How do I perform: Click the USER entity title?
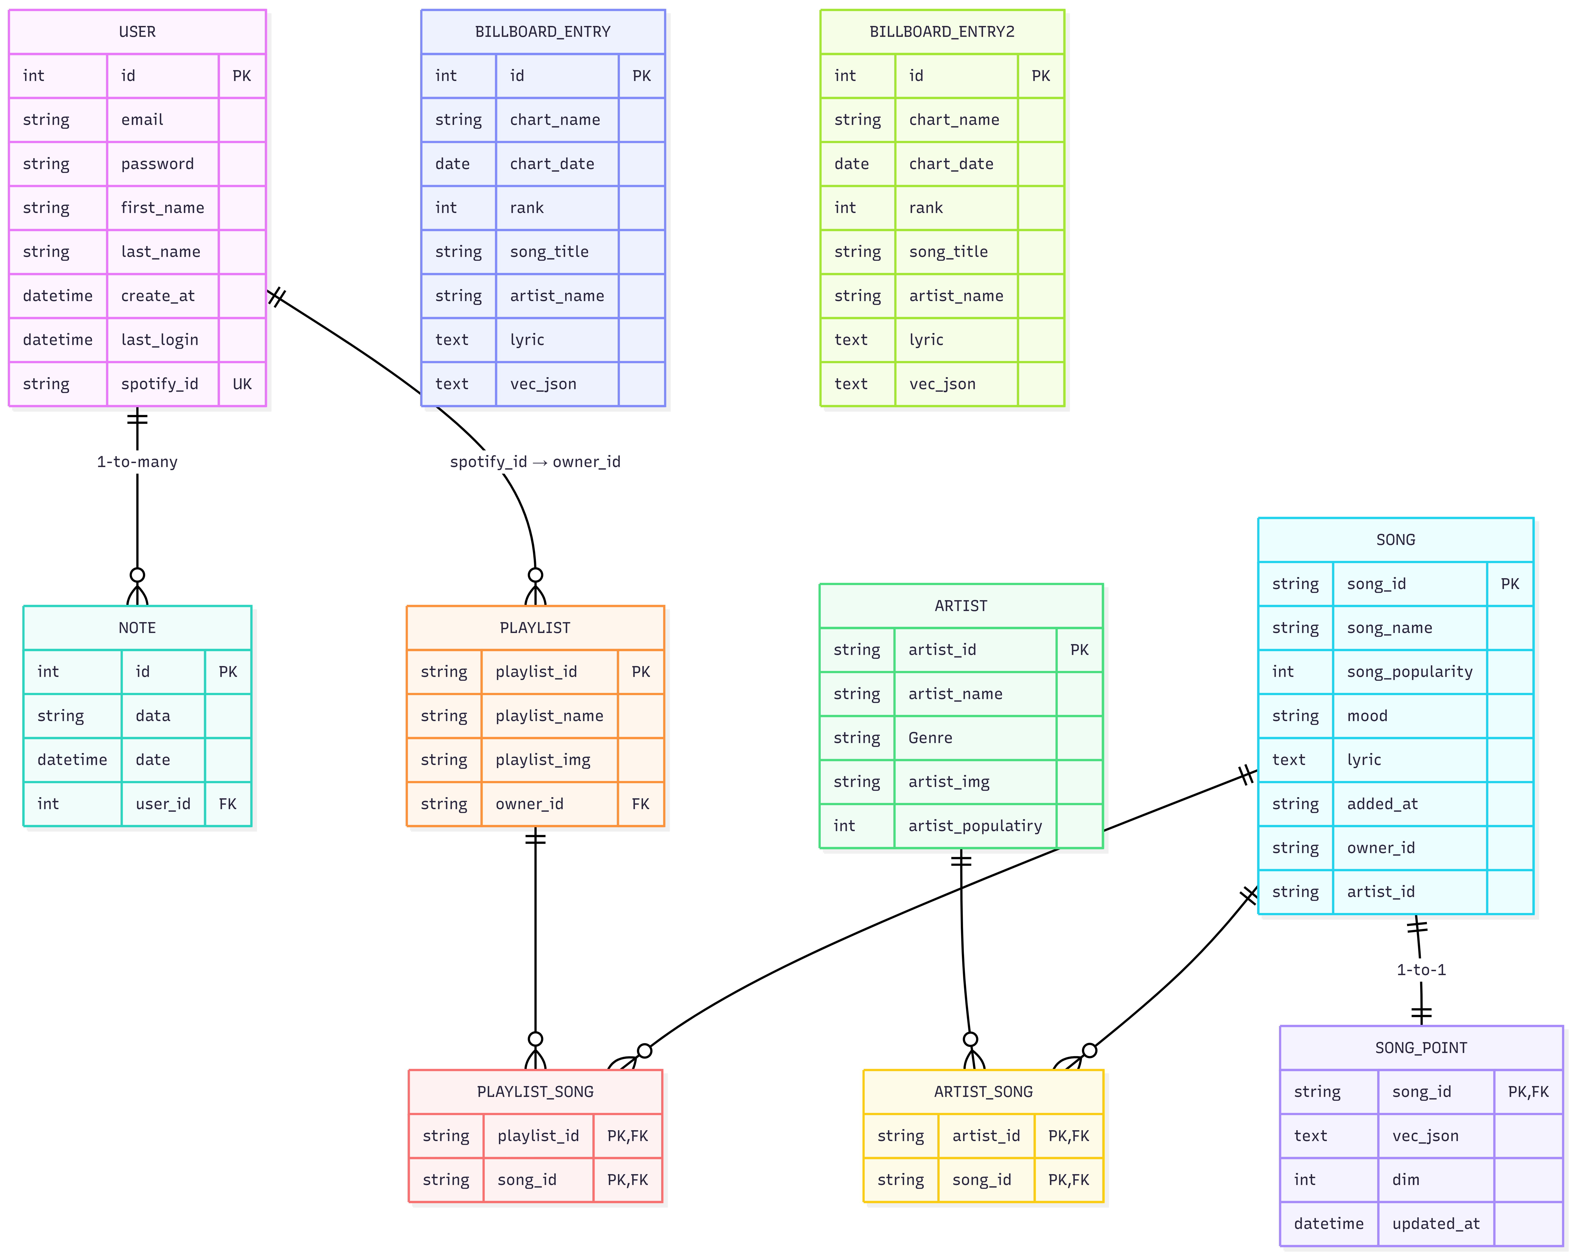[137, 31]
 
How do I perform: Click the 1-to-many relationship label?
[137, 461]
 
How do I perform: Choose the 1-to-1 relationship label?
[1420, 970]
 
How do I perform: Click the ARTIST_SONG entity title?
[983, 1091]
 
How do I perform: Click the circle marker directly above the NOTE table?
[137, 575]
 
